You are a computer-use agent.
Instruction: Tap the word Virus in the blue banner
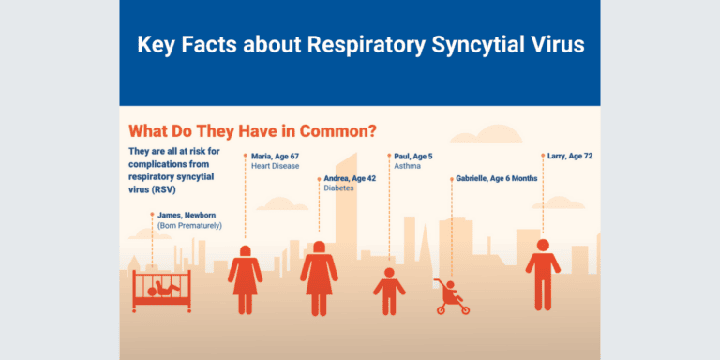(552, 44)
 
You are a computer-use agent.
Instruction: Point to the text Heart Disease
(274, 166)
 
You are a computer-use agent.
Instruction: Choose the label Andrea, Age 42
(350, 177)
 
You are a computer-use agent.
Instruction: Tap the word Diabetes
(338, 187)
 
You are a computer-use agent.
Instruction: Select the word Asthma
(408, 166)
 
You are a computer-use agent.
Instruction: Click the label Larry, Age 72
(570, 156)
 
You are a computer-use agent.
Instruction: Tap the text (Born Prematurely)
(187, 226)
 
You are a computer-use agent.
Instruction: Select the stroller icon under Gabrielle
(451, 295)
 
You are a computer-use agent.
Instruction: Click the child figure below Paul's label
(389, 292)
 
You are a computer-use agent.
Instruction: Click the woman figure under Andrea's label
(319, 277)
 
